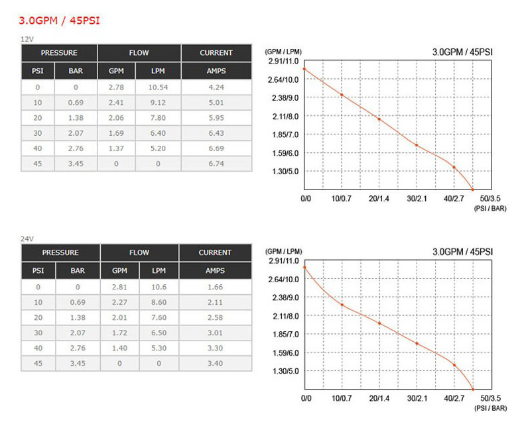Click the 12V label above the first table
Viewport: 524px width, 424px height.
(x=27, y=39)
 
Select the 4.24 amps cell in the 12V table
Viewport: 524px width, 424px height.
(x=216, y=87)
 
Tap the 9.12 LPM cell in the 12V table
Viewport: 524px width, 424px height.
(x=158, y=102)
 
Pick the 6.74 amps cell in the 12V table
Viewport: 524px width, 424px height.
(x=216, y=164)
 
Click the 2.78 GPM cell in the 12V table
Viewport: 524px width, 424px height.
(x=116, y=87)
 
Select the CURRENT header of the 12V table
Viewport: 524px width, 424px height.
(x=216, y=53)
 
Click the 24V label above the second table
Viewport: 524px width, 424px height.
(x=27, y=238)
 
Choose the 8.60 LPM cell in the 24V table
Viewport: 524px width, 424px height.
(x=159, y=302)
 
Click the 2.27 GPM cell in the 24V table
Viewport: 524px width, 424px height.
(x=119, y=302)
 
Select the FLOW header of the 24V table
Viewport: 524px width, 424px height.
(x=139, y=252)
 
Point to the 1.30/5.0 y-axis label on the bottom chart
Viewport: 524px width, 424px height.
(x=287, y=371)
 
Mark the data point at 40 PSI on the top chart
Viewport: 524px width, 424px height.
(x=454, y=167)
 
